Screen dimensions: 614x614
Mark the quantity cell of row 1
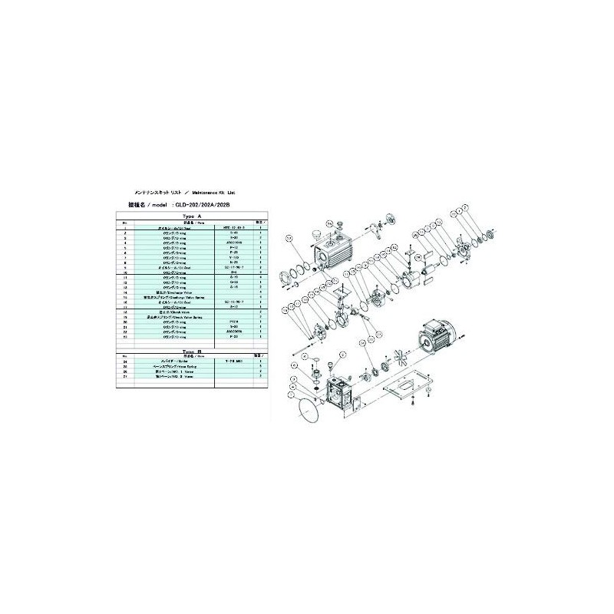[x=261, y=229]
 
